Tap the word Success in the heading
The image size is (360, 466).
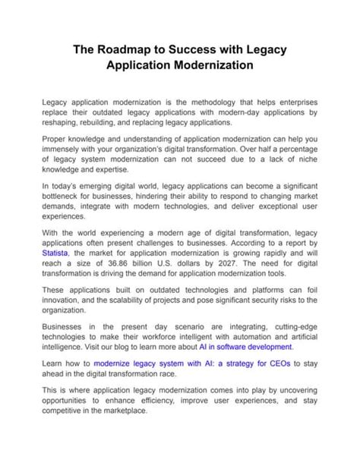[194, 49]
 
